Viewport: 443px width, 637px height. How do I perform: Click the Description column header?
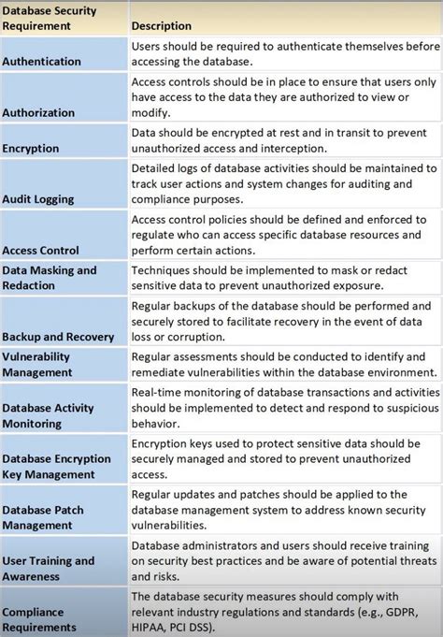click(162, 26)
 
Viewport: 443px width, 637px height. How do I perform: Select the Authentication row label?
click(41, 61)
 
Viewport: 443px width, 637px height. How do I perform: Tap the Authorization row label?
click(38, 112)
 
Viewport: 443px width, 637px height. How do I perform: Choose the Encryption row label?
click(31, 148)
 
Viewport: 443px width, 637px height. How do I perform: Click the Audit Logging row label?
click(38, 199)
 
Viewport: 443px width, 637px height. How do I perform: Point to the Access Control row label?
click(40, 250)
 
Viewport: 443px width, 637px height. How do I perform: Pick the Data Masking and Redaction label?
click(50, 278)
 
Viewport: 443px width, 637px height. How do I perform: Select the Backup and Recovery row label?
click(58, 336)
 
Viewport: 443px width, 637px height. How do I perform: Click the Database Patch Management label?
click(50, 517)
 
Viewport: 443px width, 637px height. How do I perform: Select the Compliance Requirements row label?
click(39, 619)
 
